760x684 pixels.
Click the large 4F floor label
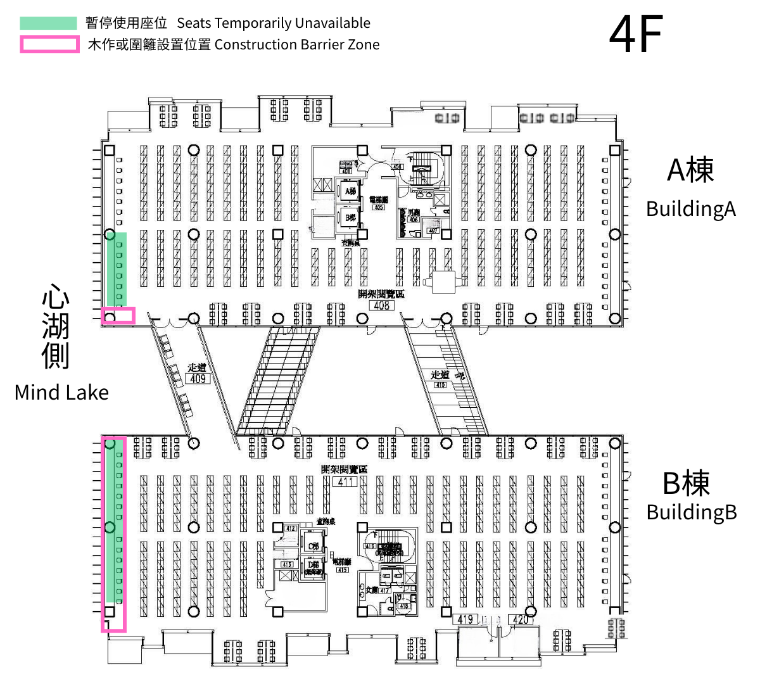coord(636,34)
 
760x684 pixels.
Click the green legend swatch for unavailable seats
coord(48,23)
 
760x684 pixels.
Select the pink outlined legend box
coord(49,44)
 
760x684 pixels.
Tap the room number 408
coord(381,305)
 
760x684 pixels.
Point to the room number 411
coord(345,481)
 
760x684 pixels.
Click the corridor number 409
coord(198,379)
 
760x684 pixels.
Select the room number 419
coord(465,619)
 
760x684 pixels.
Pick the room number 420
coord(520,619)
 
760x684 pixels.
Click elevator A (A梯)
coord(350,191)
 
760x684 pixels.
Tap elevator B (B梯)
coord(350,217)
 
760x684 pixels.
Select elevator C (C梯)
coord(313,546)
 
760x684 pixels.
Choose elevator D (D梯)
coord(313,566)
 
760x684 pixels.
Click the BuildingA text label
coord(690,209)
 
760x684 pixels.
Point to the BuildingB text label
coord(691,512)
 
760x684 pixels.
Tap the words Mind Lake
coord(61,393)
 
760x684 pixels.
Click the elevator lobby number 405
coord(379,207)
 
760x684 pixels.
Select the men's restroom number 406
coord(414,220)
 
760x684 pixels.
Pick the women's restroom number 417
coord(384,590)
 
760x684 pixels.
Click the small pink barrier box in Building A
coord(118,315)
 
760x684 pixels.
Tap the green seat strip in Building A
coord(117,269)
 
